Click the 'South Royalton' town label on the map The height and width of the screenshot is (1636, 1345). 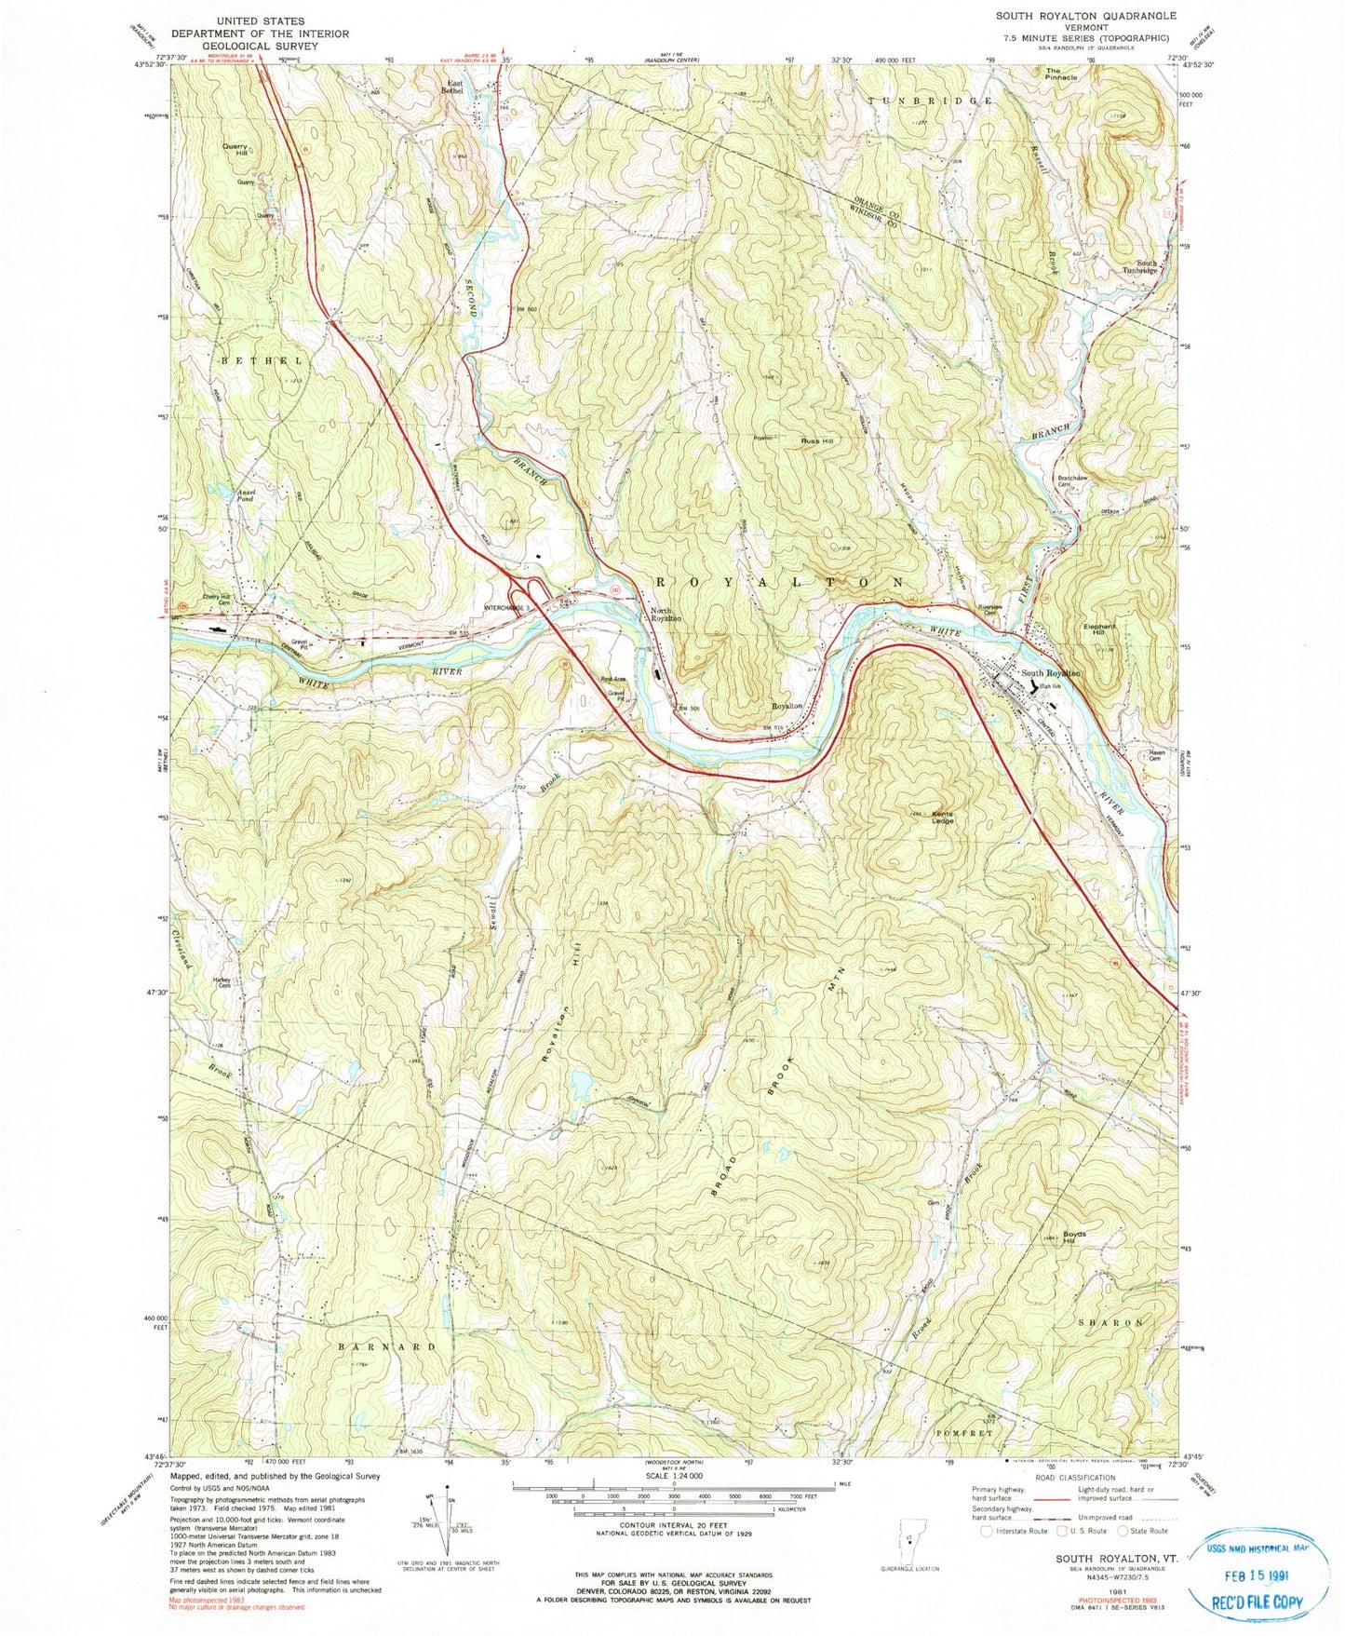[x=1050, y=672]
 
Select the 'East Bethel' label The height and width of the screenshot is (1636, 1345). [x=451, y=87]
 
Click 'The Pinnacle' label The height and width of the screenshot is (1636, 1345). [x=1061, y=74]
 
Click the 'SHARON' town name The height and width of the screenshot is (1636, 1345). [x=1110, y=1322]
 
